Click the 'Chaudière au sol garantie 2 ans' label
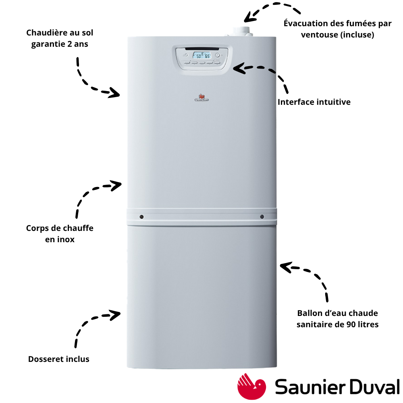[x=60, y=38]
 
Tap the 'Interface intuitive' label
[x=314, y=102]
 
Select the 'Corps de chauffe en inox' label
[x=60, y=234]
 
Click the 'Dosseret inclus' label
[x=58, y=359]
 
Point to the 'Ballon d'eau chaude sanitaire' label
[x=337, y=319]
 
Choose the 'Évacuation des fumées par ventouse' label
[x=337, y=29]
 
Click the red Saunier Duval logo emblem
[x=251, y=386]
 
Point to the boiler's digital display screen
[x=202, y=55]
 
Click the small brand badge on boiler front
[x=202, y=98]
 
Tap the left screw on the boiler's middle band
[x=141, y=217]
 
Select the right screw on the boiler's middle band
[x=262, y=217]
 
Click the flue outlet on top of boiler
[x=241, y=32]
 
